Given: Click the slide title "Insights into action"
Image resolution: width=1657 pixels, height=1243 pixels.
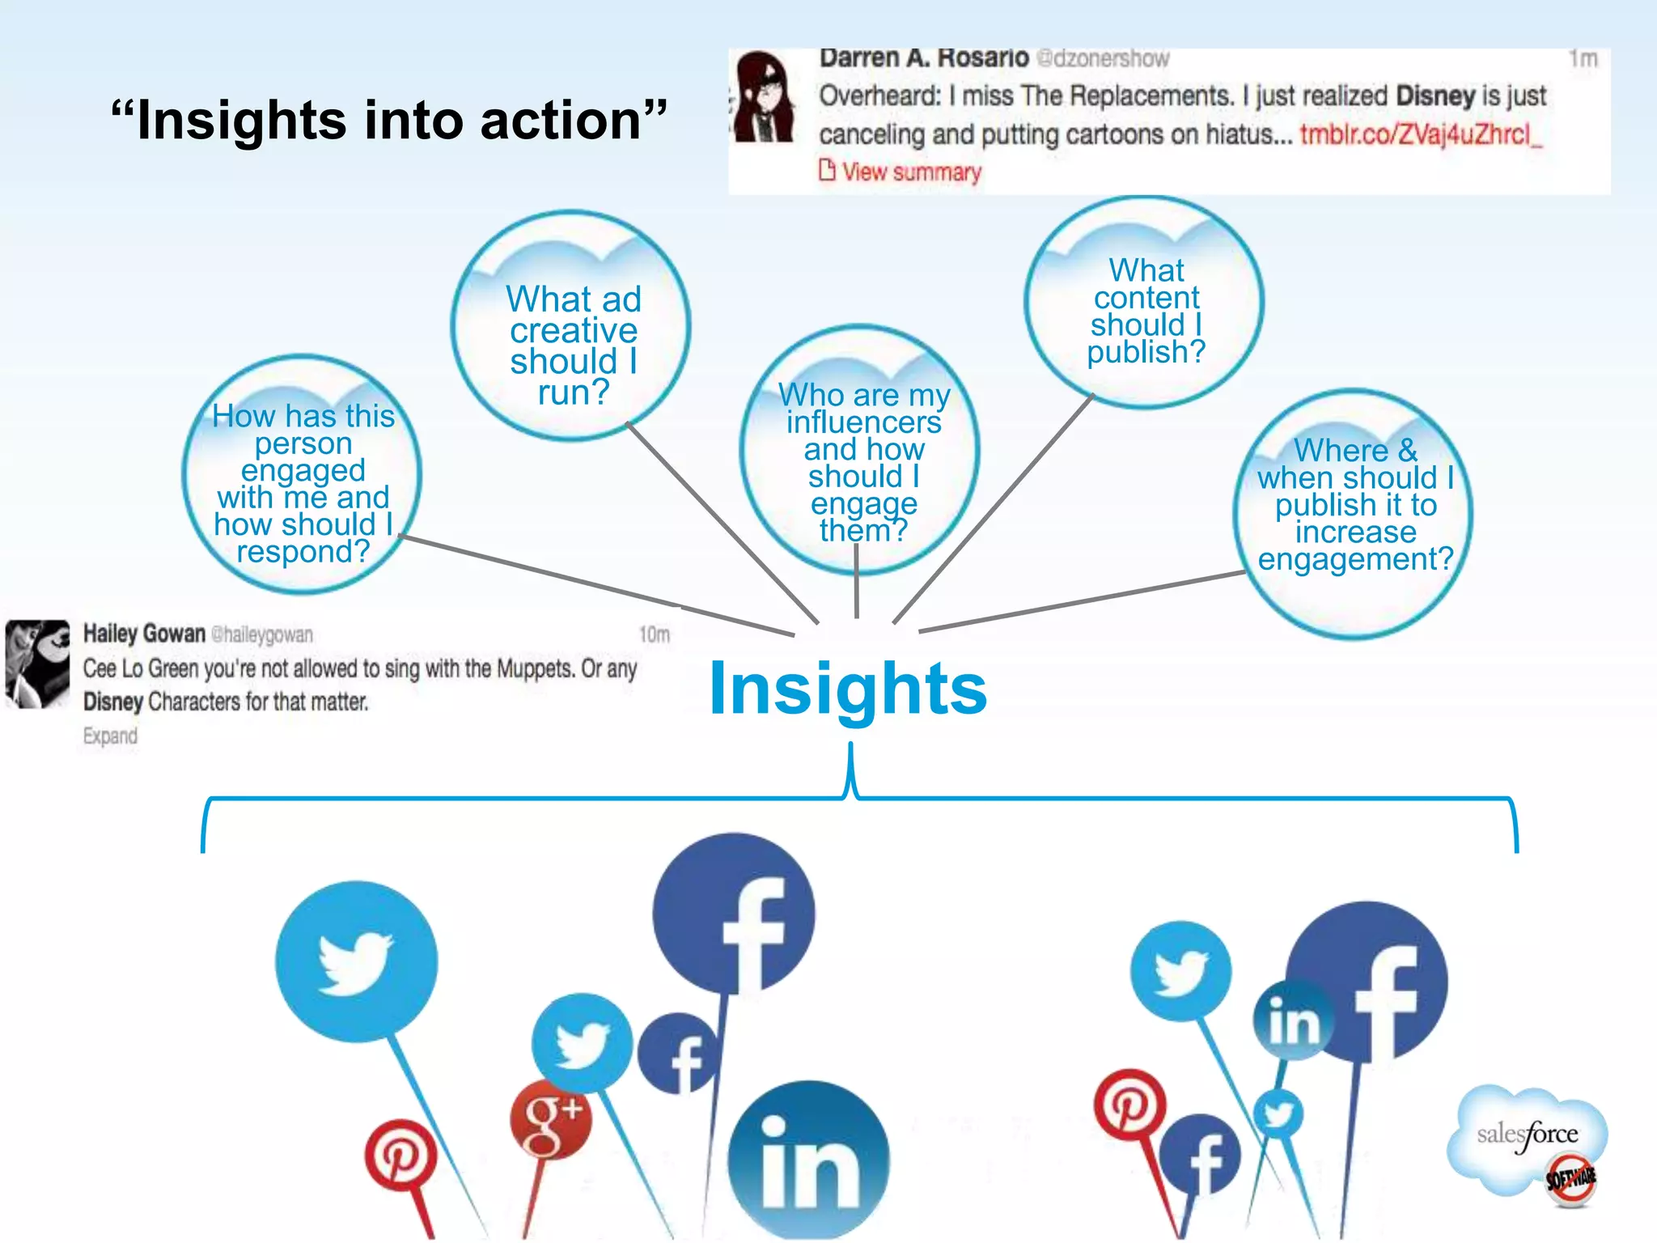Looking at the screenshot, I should click(x=389, y=121).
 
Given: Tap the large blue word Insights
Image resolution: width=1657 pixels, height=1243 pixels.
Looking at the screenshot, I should click(x=847, y=689).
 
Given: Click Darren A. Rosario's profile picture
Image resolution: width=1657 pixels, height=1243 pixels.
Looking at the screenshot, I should click(x=764, y=97).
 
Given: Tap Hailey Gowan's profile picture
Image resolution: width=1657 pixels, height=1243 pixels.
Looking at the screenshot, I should click(x=37, y=664).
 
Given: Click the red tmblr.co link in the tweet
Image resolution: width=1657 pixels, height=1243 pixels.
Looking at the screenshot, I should click(x=1421, y=134).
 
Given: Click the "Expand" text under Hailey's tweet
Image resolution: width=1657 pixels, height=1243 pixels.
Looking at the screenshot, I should click(x=110, y=736).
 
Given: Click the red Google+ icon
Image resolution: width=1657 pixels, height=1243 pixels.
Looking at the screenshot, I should click(x=551, y=1118).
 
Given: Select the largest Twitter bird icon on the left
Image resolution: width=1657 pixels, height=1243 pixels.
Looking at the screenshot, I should click(x=356, y=961).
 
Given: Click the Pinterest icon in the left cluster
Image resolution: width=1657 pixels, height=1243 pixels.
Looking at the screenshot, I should click(x=400, y=1155).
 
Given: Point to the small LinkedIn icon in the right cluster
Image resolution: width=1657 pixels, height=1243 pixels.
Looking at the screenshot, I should click(x=1294, y=1020).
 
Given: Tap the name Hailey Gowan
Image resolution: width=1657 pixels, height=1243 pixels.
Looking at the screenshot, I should click(x=144, y=634).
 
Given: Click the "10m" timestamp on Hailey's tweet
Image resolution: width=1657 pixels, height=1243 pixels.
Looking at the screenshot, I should click(x=654, y=634).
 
